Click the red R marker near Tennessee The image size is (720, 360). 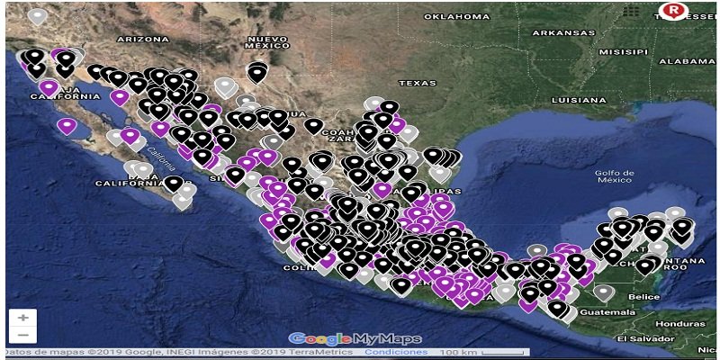coord(670,11)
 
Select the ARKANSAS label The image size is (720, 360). coord(562,32)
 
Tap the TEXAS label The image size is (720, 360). coord(417,83)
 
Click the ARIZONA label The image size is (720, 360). coord(142,40)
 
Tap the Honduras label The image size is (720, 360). coord(674,323)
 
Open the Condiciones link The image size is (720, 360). coord(395,352)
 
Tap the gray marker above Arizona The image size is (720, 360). coord(37,15)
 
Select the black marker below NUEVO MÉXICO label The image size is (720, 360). coord(258,72)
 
